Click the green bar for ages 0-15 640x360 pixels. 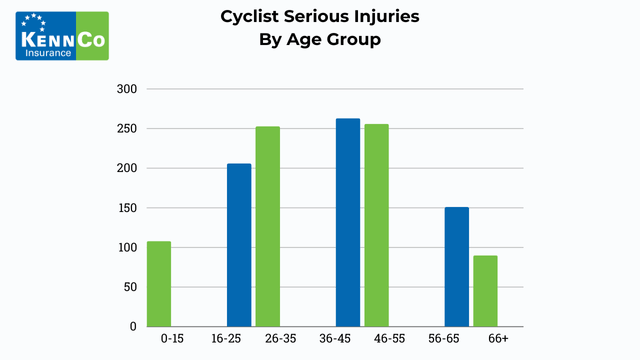click(159, 284)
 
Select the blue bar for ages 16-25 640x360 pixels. click(239, 245)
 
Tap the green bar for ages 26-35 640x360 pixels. click(267, 226)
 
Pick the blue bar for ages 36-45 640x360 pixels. click(348, 222)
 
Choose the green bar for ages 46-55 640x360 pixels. click(376, 225)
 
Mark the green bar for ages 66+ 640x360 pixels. click(485, 291)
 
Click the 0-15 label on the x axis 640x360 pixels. click(172, 340)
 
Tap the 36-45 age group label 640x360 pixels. click(335, 340)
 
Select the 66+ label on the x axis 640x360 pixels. click(498, 340)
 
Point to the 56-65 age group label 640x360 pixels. click(444, 340)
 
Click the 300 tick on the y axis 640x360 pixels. click(126, 89)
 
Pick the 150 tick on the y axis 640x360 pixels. click(126, 208)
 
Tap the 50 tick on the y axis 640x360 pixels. click(129, 287)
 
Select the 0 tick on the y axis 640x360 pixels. click(133, 327)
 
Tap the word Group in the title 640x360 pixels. click(352, 40)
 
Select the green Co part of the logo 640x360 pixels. click(91, 38)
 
